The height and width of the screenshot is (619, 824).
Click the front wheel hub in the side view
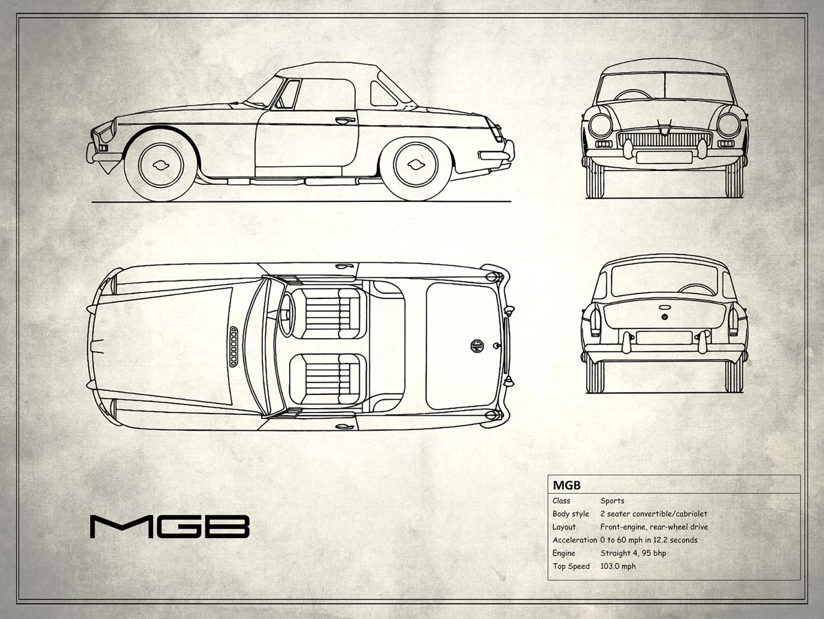point(161,165)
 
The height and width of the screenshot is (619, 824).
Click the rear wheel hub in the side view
point(416,164)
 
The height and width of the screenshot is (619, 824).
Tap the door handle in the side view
point(345,120)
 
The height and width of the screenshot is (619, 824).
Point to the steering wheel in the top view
point(287,314)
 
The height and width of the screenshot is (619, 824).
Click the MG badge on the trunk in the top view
point(477,346)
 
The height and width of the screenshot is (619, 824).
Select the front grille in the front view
point(665,139)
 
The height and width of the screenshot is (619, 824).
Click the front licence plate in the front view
point(665,157)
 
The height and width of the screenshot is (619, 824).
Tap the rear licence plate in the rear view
point(664,337)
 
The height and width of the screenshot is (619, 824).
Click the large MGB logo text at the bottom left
point(170,527)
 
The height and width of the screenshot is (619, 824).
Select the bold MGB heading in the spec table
point(567,486)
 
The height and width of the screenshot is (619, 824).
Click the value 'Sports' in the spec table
point(613,501)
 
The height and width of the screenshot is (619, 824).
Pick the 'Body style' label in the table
point(571,514)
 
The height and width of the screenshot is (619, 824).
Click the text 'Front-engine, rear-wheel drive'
point(654,527)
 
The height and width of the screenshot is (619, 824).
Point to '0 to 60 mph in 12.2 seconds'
point(649,540)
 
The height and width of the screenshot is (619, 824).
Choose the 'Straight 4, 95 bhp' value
point(633,553)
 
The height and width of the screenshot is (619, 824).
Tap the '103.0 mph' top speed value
point(618,566)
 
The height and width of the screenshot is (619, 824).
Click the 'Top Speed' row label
point(571,566)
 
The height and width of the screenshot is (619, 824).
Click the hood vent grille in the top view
point(233,347)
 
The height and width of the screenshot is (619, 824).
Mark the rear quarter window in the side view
point(383,94)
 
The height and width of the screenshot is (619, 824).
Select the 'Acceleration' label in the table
point(575,540)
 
